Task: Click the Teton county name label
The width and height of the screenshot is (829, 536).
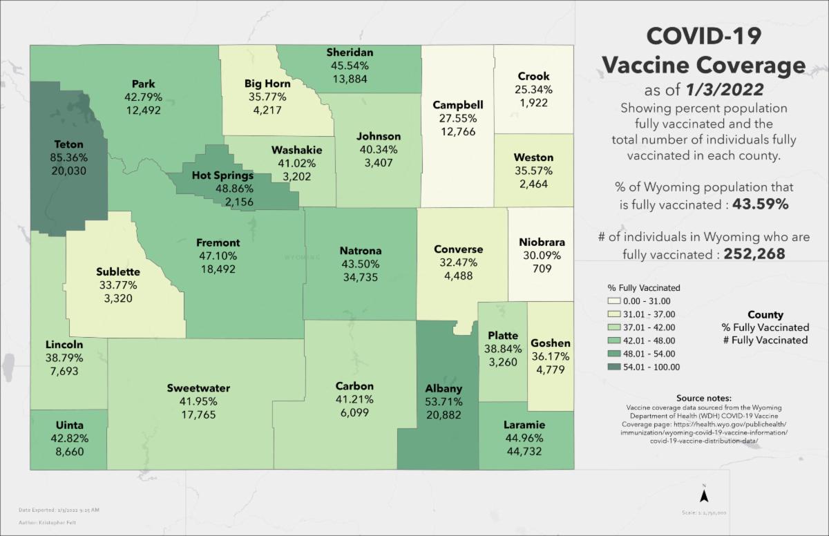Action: pos(68,144)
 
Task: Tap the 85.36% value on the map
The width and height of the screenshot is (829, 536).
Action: pos(68,157)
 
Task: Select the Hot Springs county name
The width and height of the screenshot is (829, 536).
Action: pos(222,175)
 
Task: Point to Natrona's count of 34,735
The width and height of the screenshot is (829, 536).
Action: pos(361,277)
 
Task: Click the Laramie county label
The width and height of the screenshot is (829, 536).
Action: pos(524,425)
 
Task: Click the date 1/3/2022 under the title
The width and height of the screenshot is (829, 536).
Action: pos(727,90)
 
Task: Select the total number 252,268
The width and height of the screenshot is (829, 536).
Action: pos(754,254)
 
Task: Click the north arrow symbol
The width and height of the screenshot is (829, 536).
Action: pos(703,495)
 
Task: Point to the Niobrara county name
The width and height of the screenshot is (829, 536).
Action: pos(542,242)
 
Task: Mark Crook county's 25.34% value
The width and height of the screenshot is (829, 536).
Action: pos(533,90)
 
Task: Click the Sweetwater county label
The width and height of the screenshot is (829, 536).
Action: pos(198,388)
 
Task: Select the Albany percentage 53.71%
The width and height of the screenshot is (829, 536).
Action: pos(444,402)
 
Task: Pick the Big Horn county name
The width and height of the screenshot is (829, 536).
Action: pos(267,84)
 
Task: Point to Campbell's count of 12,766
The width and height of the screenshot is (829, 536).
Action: pos(457,131)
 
